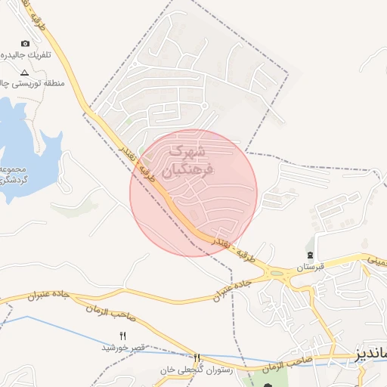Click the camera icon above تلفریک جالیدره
tap(25, 44)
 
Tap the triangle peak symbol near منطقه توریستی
tap(24, 73)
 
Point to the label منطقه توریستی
tap(15, 84)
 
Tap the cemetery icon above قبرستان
tap(310, 255)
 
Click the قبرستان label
tap(310, 268)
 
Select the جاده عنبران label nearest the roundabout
tap(226, 287)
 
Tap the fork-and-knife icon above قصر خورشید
tap(123, 335)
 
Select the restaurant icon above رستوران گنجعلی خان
tap(197, 358)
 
